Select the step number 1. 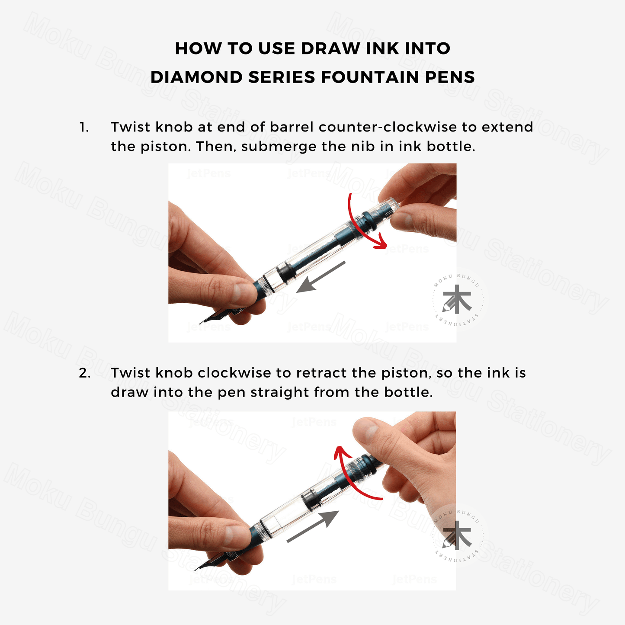(x=84, y=127)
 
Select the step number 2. (x=85, y=373)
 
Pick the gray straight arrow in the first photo (x=321, y=277)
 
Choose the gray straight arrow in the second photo (x=313, y=526)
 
